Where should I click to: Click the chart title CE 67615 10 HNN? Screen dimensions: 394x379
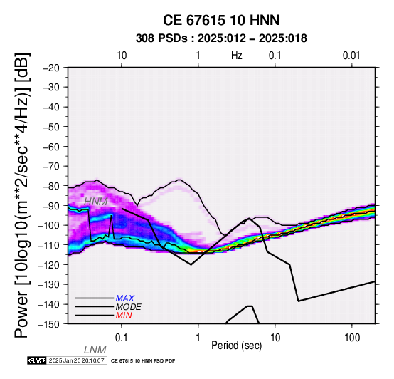point(221,20)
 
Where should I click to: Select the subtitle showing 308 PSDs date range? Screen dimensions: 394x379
point(221,38)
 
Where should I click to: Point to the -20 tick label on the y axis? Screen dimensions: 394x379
point(51,68)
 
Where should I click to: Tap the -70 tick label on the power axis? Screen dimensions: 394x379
point(51,167)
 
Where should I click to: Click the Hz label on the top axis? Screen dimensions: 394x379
point(237,56)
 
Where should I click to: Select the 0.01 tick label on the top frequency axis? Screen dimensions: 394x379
point(351,56)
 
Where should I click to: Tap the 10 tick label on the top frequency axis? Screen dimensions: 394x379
point(122,56)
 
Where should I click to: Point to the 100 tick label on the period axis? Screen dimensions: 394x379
point(352,338)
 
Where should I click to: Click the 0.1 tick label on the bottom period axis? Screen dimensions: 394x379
point(121,338)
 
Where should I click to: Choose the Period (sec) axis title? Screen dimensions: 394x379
point(236,346)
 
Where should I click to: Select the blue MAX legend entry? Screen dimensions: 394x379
point(125,298)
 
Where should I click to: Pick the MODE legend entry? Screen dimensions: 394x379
point(129,307)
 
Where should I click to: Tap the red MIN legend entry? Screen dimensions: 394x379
point(124,316)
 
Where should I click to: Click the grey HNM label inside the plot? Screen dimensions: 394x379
point(96,202)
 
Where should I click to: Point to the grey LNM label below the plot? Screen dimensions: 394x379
point(95,350)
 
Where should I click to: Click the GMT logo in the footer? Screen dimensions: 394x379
point(37,360)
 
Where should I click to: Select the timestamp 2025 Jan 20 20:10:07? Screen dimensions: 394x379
point(76,360)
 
